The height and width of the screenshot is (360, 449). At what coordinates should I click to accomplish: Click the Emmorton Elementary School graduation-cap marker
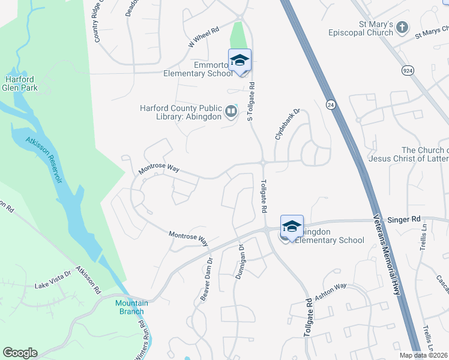(239, 61)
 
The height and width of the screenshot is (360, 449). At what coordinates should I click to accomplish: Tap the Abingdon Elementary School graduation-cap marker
(292, 227)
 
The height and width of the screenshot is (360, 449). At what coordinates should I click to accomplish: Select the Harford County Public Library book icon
(231, 112)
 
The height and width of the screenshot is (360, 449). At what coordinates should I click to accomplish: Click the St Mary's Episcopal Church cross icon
(402, 28)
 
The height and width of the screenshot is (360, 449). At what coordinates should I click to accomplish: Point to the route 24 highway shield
(331, 104)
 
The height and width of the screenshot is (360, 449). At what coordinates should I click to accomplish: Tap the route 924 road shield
(408, 71)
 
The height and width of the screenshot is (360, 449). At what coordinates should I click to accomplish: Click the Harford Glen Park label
(20, 83)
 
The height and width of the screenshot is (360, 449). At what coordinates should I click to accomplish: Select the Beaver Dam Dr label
(206, 272)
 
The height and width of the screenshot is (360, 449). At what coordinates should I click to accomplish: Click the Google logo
(20, 353)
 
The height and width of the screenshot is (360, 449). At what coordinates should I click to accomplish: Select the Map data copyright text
(423, 355)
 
